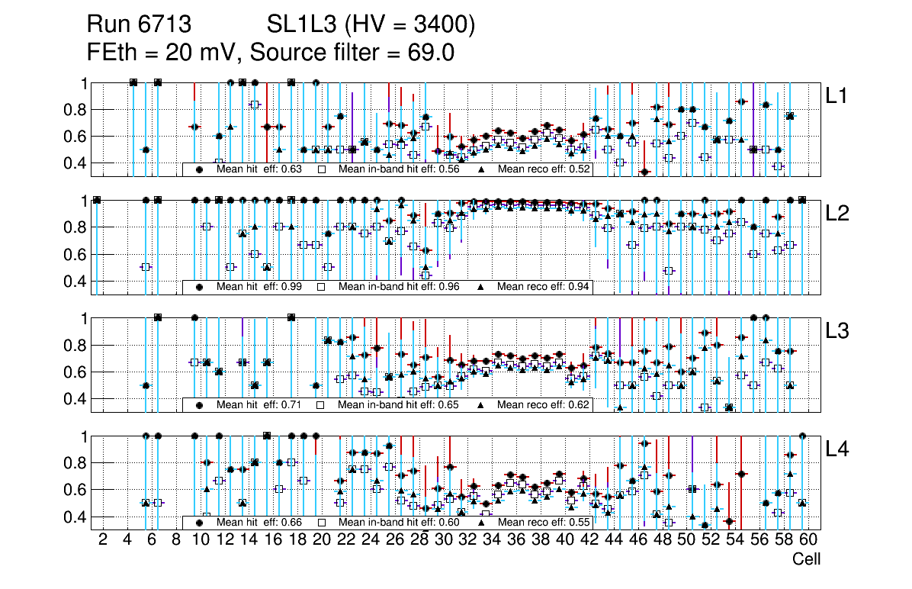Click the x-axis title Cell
pyautogui.click(x=807, y=559)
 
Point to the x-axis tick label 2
pyautogui.click(x=103, y=540)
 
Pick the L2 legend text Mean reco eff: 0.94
pyautogui.click(x=544, y=287)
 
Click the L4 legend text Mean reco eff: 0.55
pyautogui.click(x=544, y=523)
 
